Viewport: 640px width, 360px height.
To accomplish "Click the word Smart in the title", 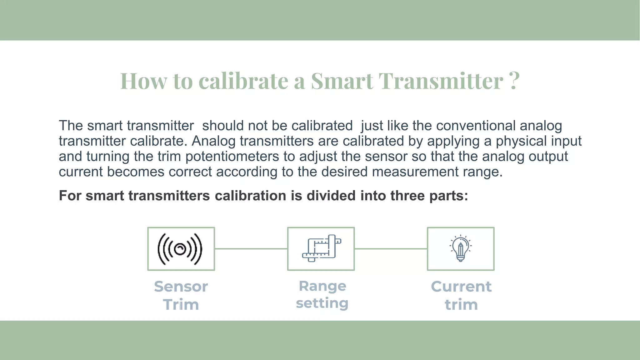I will [x=342, y=81].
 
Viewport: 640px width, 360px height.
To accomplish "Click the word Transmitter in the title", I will [x=441, y=81].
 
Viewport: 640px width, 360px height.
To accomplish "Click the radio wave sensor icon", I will [x=180, y=249].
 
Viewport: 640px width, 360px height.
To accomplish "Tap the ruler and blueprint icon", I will [x=321, y=249].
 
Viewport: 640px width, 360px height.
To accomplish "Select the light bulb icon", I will [x=461, y=249].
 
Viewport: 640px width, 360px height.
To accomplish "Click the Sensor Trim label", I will [x=181, y=295].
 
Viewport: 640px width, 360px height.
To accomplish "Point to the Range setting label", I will [x=322, y=294].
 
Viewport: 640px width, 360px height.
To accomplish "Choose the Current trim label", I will [x=461, y=295].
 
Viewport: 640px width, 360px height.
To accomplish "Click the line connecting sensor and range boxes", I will [x=251, y=249].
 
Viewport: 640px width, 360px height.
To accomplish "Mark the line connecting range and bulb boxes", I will [x=391, y=249].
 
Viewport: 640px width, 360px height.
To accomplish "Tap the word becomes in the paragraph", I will [x=135, y=172].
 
